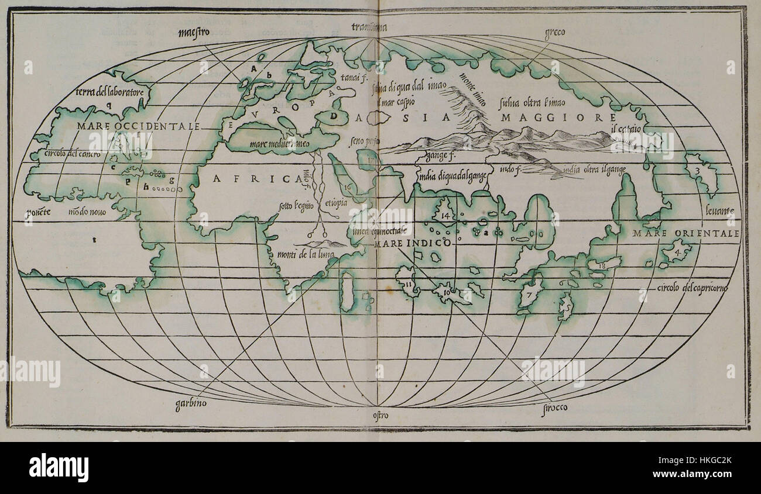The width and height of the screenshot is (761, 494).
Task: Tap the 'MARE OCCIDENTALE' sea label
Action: (x=138, y=126)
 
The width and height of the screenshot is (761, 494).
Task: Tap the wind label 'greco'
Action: (x=554, y=33)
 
